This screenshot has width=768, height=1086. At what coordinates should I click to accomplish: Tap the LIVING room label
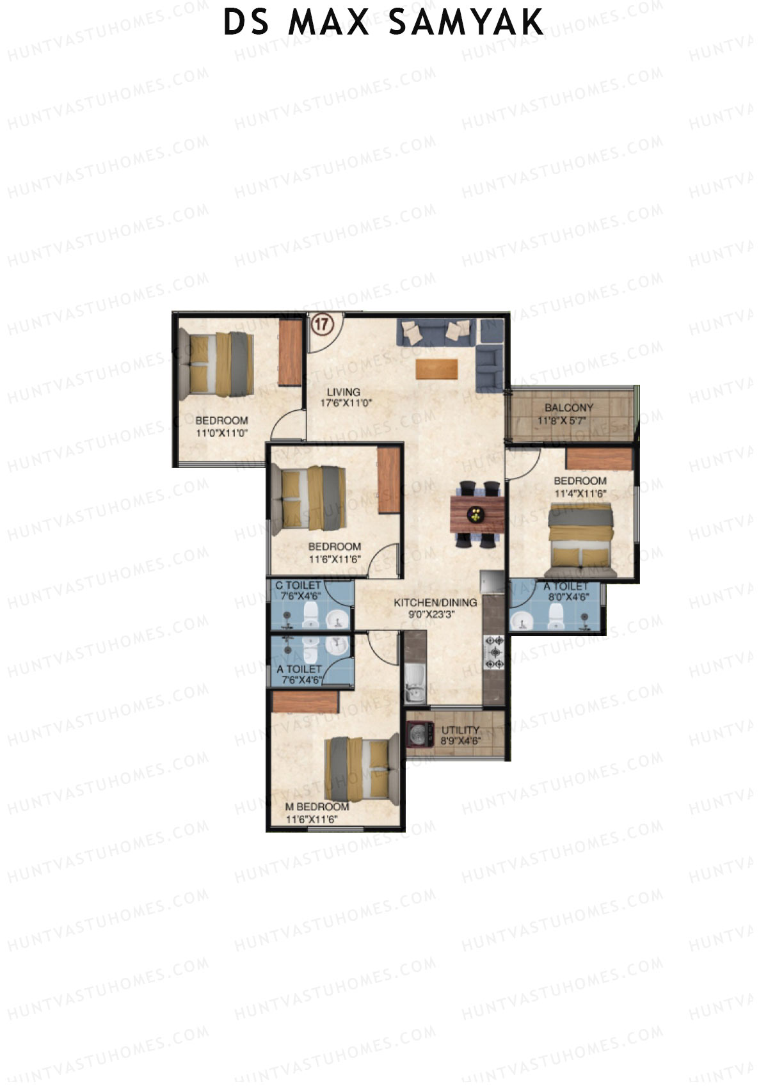[344, 392]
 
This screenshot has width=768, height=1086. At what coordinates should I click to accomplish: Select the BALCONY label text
[569, 408]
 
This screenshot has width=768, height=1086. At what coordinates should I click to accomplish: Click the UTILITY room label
[460, 730]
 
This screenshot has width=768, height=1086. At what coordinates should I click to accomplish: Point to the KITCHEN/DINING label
[435, 602]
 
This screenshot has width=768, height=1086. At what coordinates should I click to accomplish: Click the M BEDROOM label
[317, 807]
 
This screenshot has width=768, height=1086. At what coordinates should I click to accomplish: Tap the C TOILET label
[298, 586]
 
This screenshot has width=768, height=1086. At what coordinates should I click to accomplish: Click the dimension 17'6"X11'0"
[346, 404]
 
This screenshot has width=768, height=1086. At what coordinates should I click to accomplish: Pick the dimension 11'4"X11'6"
[580, 493]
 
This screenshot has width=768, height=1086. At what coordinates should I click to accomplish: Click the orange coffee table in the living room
[437, 369]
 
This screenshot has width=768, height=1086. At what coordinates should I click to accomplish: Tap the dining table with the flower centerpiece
[477, 514]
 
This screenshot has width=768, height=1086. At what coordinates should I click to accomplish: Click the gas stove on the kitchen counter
[495, 653]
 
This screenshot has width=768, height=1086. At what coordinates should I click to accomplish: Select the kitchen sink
[415, 683]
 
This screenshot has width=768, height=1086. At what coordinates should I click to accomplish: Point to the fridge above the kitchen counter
[493, 582]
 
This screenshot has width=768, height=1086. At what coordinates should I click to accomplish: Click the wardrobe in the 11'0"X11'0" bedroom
[289, 352]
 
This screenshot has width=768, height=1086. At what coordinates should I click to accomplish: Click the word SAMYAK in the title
[466, 22]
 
